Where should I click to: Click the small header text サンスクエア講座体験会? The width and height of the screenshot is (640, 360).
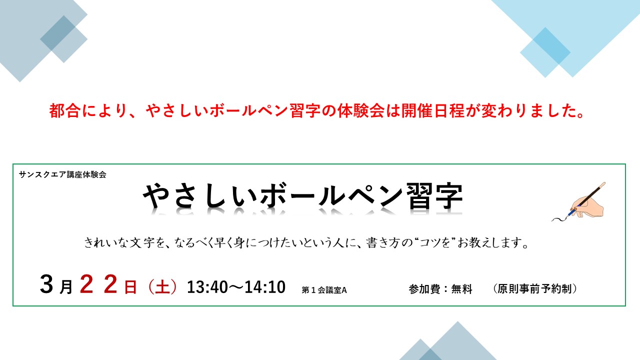(x=62, y=174)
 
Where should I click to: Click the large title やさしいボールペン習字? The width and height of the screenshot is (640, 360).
(x=302, y=196)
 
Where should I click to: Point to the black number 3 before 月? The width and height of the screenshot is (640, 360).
(x=46, y=284)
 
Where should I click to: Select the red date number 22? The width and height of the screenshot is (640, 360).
(x=98, y=284)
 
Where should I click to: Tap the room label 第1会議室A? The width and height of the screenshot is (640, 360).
(x=324, y=290)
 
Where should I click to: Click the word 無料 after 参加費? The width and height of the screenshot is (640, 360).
(x=461, y=289)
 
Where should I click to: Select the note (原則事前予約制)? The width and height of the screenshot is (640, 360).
(x=535, y=289)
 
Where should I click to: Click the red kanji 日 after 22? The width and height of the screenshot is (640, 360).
(x=130, y=287)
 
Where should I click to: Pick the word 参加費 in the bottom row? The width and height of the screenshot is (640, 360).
(x=424, y=289)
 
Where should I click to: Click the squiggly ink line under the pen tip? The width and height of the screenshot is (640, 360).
(x=560, y=218)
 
